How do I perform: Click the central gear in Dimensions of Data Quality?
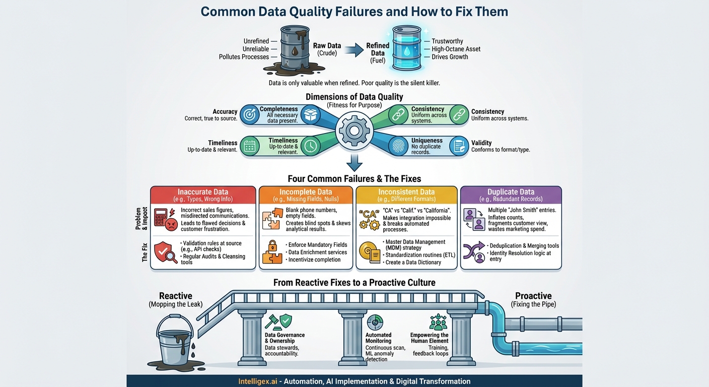pos(354,131)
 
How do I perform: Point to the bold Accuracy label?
pos(225,112)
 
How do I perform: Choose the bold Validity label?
pos(481,143)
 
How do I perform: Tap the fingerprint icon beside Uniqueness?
pos(398,146)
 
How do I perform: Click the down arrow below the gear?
pos(354,162)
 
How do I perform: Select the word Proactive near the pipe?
pos(533,296)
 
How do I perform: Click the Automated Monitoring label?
pos(378,338)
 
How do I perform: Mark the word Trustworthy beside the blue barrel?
pos(447,41)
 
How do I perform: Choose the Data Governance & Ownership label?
pos(285,338)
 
